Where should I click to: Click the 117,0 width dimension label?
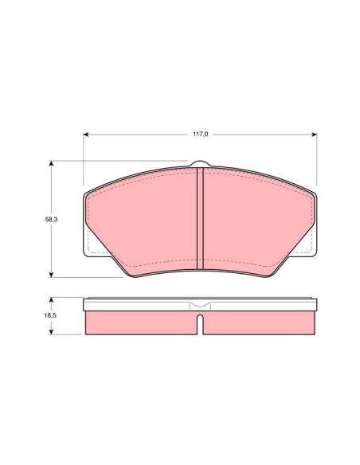[x=200, y=135]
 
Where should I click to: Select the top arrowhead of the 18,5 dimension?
[x=53, y=300]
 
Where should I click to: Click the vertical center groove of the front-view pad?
[x=201, y=219]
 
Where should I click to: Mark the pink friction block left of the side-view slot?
[x=139, y=322]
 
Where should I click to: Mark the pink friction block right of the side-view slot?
[x=259, y=322]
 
